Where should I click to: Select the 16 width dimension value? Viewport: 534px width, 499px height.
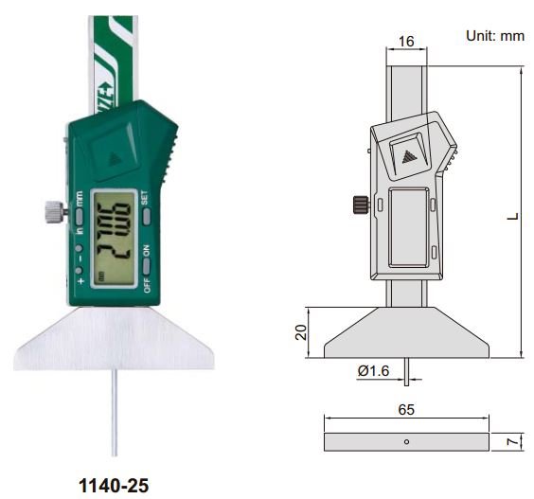(407, 41)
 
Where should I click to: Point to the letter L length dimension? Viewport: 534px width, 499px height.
(511, 215)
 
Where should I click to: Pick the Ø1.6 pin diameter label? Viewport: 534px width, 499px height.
(374, 372)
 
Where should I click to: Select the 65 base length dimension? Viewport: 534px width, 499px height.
(405, 411)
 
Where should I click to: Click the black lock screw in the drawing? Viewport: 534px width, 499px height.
(360, 203)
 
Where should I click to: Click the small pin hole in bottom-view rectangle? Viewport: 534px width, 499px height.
(406, 442)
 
